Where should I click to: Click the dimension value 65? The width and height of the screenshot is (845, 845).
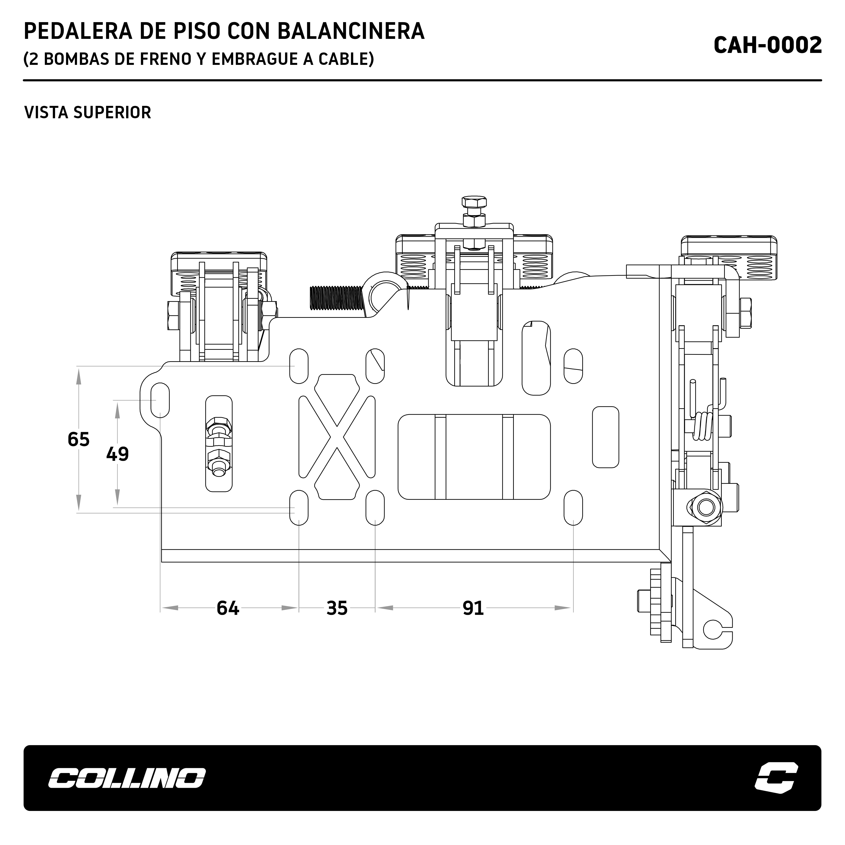pyautogui.click(x=79, y=439)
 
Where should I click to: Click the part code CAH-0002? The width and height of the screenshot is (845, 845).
pyautogui.click(x=768, y=45)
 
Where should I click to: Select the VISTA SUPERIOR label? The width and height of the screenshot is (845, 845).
pyautogui.click(x=88, y=112)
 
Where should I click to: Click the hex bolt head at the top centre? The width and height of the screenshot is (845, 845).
pyautogui.click(x=474, y=202)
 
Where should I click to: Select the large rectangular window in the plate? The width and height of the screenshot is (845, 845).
pyautogui.click(x=474, y=457)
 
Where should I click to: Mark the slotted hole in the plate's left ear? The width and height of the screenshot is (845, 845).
pyautogui.click(x=160, y=400)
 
